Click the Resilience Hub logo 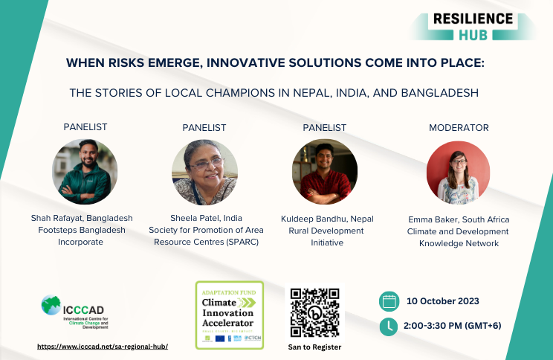[473, 25]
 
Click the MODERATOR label [459, 128]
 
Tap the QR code [315, 312]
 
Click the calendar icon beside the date [388, 301]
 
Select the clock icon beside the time [388, 326]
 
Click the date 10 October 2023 [443, 301]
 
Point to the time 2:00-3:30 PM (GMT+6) [456, 326]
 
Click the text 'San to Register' [314, 347]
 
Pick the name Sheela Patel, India [204, 218]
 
